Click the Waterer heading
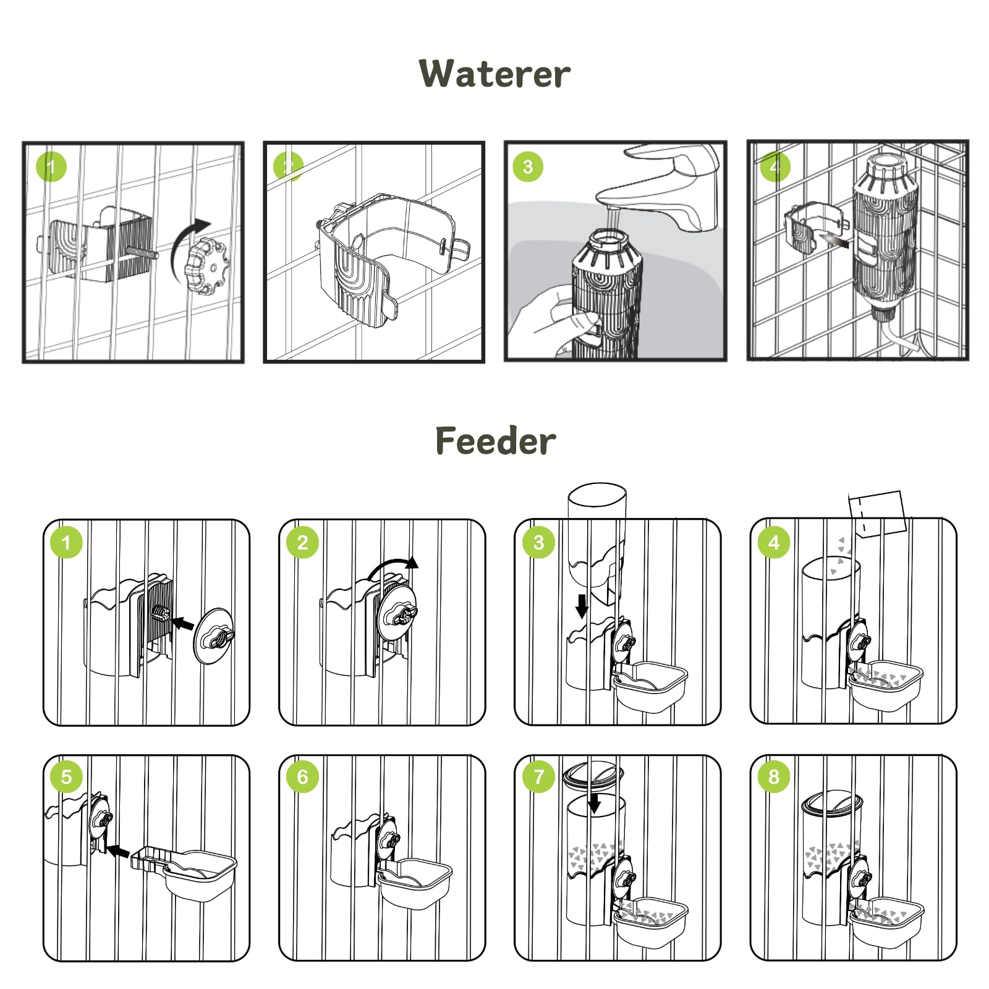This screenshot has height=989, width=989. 494,74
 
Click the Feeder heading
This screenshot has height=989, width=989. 495,441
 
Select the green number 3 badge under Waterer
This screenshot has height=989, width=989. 527,167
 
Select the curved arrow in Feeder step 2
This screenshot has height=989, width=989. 393,566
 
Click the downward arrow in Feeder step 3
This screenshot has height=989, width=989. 582,606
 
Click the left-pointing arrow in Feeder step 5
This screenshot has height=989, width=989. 117,851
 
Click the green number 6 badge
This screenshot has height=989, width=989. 302,776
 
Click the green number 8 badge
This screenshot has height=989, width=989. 773,776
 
